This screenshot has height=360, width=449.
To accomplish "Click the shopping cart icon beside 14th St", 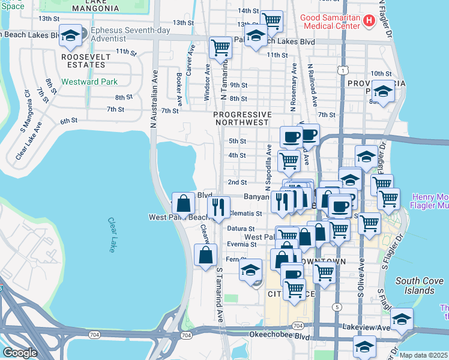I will tap(272, 21).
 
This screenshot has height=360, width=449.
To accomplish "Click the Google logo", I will tap(20, 353).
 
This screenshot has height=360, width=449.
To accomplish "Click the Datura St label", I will tap(241, 229).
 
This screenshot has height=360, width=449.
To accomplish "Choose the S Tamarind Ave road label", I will tap(220, 293).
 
